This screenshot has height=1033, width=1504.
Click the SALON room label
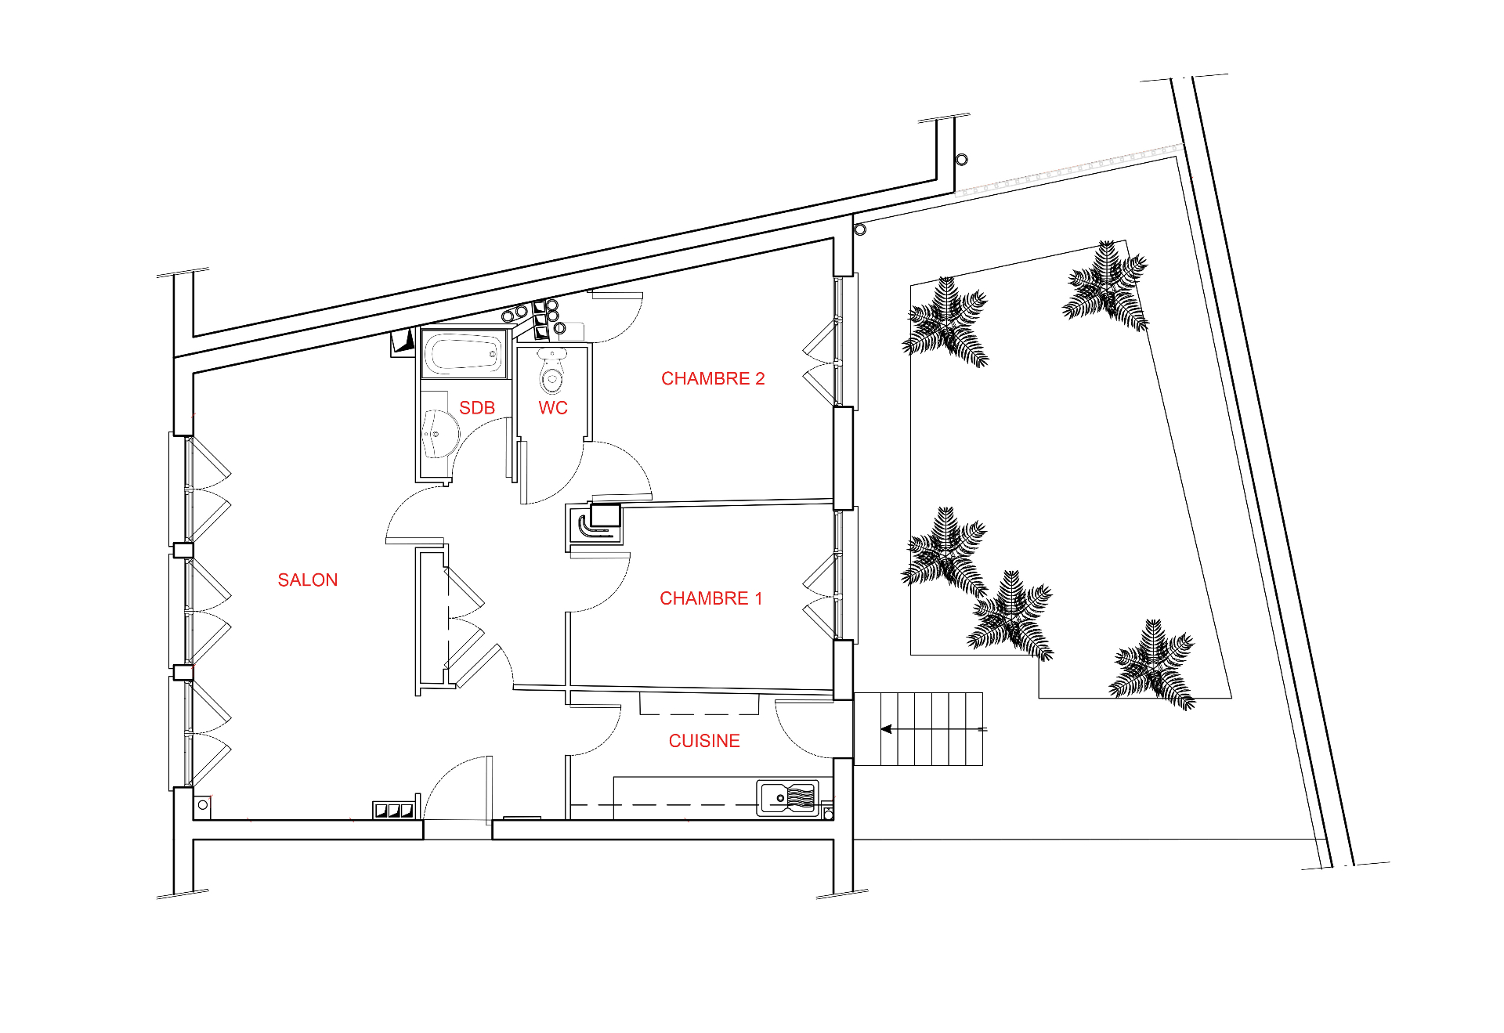pos(308,580)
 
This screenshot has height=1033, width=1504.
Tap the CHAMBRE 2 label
pos(713,379)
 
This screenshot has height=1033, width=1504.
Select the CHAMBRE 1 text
pos(711,599)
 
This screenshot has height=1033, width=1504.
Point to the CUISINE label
pos(704,741)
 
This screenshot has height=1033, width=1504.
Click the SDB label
pos(477,408)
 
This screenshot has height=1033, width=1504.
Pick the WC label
pos(553,408)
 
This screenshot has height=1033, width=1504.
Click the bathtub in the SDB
pos(464,354)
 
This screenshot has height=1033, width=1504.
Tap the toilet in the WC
pos(552,372)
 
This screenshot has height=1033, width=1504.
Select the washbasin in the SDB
pos(439,434)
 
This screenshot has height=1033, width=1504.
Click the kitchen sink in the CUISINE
pos(787,798)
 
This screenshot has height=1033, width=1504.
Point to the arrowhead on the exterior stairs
pos(886,729)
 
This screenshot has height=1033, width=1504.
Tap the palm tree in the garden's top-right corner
pos(1106,285)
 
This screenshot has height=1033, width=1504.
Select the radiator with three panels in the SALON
pos(393,810)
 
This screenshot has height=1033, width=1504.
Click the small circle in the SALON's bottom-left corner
pos(203,805)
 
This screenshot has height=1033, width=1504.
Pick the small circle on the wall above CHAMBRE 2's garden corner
pos(860,229)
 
